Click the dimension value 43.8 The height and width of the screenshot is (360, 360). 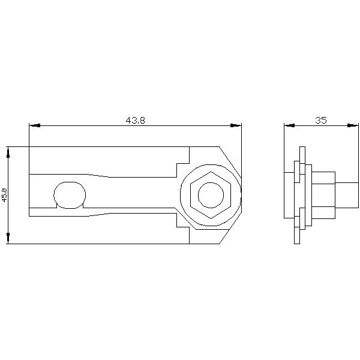pos(135,120)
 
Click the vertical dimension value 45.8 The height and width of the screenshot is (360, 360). pos(5,195)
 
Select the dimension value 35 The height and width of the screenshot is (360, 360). pos(320,120)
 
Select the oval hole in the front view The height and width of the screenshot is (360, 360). pos(70,194)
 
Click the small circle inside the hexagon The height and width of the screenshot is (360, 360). pos(211,194)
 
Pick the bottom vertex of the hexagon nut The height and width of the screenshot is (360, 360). pos(211,218)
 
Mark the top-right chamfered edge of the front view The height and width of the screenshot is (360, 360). pos(230,161)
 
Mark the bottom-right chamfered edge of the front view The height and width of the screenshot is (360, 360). pos(230,229)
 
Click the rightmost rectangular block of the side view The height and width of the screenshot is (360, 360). pos(346,195)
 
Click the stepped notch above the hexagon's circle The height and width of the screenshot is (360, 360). pos(182,163)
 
